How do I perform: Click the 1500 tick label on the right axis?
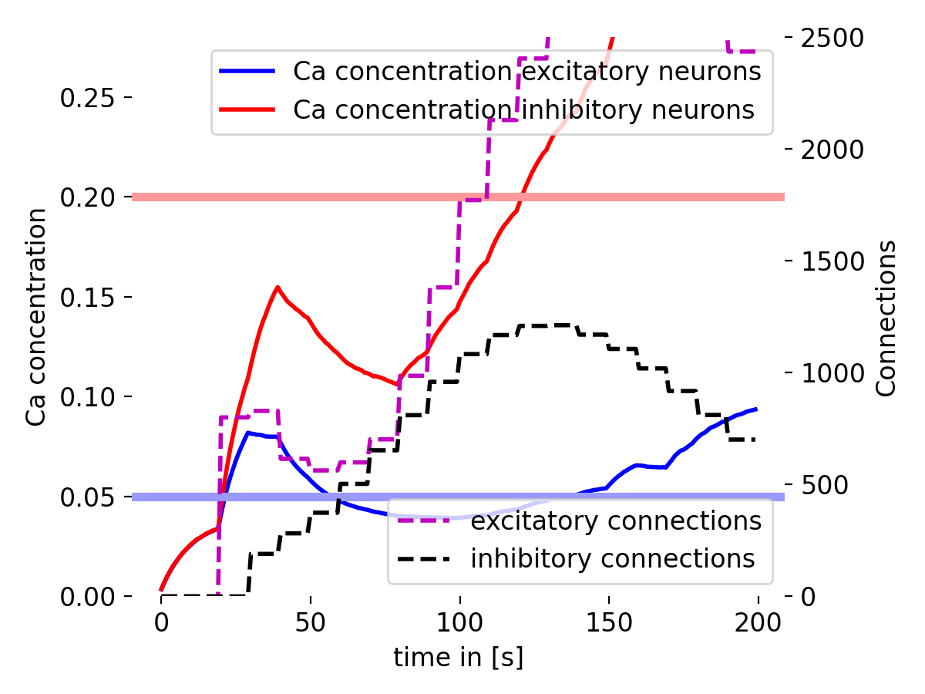834,261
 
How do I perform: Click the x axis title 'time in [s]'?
459,658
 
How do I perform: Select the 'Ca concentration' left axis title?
35,316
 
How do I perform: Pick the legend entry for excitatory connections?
616,521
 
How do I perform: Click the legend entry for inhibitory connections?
613,558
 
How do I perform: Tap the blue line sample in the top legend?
247,72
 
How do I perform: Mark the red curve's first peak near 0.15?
277,287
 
